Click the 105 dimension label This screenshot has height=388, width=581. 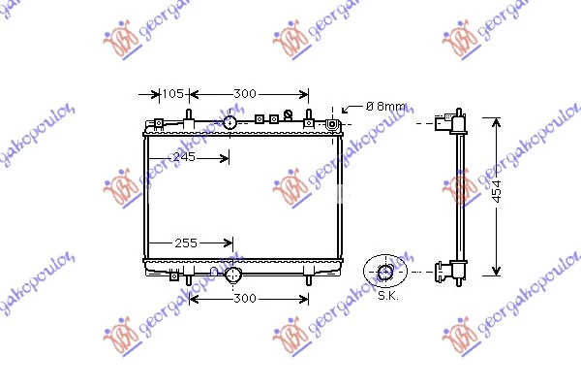pyautogui.click(x=172, y=93)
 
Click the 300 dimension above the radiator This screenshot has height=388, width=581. pyautogui.click(x=245, y=93)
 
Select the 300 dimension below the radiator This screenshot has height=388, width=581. pyautogui.click(x=245, y=298)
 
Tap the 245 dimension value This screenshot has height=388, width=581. pyautogui.click(x=184, y=157)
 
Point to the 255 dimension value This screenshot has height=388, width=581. pyautogui.click(x=186, y=243)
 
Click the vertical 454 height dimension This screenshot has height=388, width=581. pyautogui.click(x=498, y=191)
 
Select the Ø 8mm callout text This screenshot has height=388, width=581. pyautogui.click(x=385, y=107)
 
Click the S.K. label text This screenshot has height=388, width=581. pyautogui.click(x=388, y=296)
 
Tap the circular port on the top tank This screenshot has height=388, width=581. pyautogui.click(x=229, y=122)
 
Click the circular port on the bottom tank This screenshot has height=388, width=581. pyautogui.click(x=232, y=275)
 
